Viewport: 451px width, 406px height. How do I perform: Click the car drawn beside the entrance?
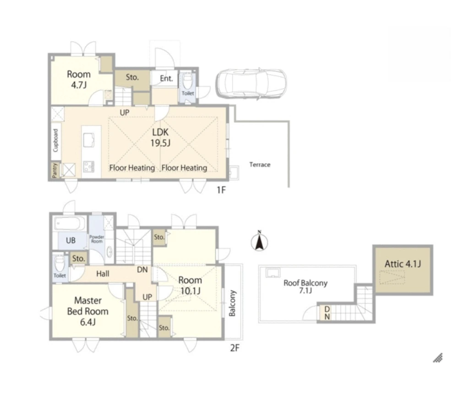(x=251, y=84)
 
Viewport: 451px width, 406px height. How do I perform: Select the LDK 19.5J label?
(x=160, y=137)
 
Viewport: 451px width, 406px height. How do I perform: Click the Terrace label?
(x=260, y=165)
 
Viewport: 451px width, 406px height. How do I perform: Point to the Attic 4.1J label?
(x=402, y=264)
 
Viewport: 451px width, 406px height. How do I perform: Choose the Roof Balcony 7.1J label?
(x=305, y=286)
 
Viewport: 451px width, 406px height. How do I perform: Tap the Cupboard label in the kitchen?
(x=55, y=140)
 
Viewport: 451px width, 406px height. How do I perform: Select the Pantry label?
(x=55, y=170)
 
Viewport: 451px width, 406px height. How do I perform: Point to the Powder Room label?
(x=97, y=239)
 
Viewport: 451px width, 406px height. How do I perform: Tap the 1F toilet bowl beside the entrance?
(x=188, y=82)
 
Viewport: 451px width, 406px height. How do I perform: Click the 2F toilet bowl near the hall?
(x=60, y=262)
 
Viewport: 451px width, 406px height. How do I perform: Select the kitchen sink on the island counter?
(x=88, y=140)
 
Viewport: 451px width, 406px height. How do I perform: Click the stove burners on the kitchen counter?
(x=88, y=166)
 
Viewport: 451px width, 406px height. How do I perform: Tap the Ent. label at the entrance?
(x=166, y=79)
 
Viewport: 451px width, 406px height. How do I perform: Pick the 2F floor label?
(x=234, y=348)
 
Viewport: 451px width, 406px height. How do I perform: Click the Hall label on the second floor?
(x=103, y=274)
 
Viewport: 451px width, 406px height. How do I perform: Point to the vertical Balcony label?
(x=233, y=303)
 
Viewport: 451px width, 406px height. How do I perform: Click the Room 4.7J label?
(x=78, y=79)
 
